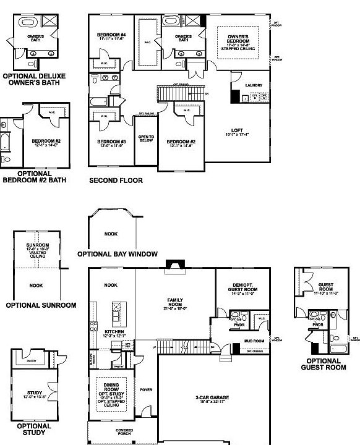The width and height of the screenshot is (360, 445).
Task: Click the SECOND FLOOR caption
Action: click(x=116, y=181)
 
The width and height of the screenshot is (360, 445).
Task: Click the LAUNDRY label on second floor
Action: click(x=254, y=85)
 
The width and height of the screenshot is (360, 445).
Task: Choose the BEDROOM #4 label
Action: click(x=111, y=36)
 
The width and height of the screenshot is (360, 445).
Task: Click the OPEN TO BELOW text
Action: click(x=146, y=139)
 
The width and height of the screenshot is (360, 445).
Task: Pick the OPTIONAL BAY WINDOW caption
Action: click(x=118, y=254)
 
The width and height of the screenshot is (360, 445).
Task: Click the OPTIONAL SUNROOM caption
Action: click(x=41, y=305)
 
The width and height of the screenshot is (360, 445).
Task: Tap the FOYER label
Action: click(x=146, y=390)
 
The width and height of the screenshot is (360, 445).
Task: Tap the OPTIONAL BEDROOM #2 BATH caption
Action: click(x=34, y=177)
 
